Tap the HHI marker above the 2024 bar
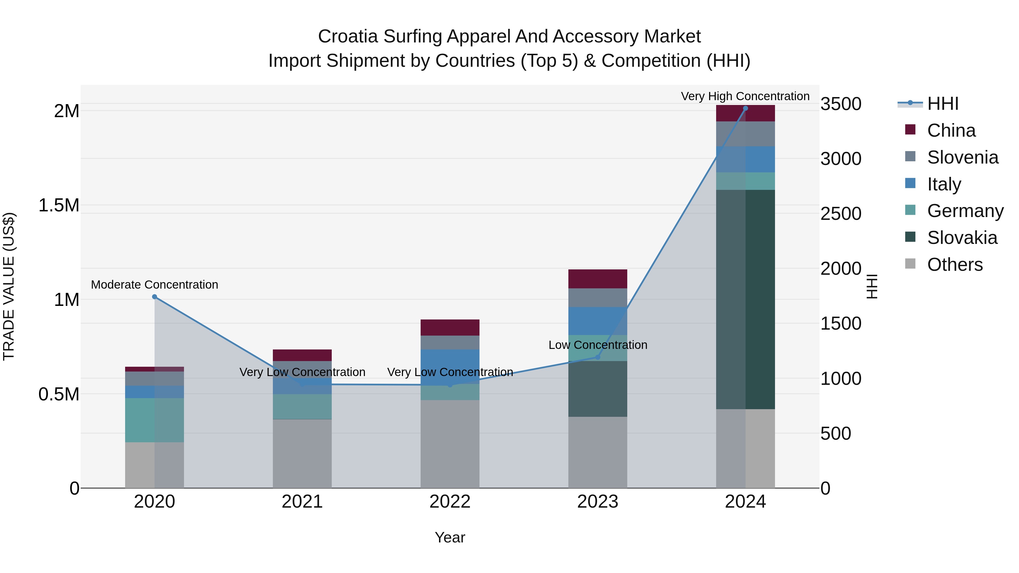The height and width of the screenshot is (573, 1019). click(745, 108)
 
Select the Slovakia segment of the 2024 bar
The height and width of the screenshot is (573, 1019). click(745, 299)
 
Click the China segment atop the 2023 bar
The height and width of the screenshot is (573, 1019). click(598, 279)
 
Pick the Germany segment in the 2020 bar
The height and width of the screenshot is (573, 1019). click(154, 420)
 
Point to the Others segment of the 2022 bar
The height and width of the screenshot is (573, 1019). click(450, 444)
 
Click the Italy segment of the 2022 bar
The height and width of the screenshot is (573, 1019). click(450, 367)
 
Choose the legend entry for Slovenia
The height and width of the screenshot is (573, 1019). click(962, 157)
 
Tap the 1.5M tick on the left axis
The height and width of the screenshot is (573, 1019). click(59, 205)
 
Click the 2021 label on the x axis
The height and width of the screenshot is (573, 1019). click(302, 502)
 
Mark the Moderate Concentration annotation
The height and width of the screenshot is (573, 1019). click(154, 284)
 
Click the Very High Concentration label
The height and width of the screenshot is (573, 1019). click(745, 96)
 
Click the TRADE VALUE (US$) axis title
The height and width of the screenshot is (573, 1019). click(9, 286)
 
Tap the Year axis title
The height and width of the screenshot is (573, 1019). click(450, 537)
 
